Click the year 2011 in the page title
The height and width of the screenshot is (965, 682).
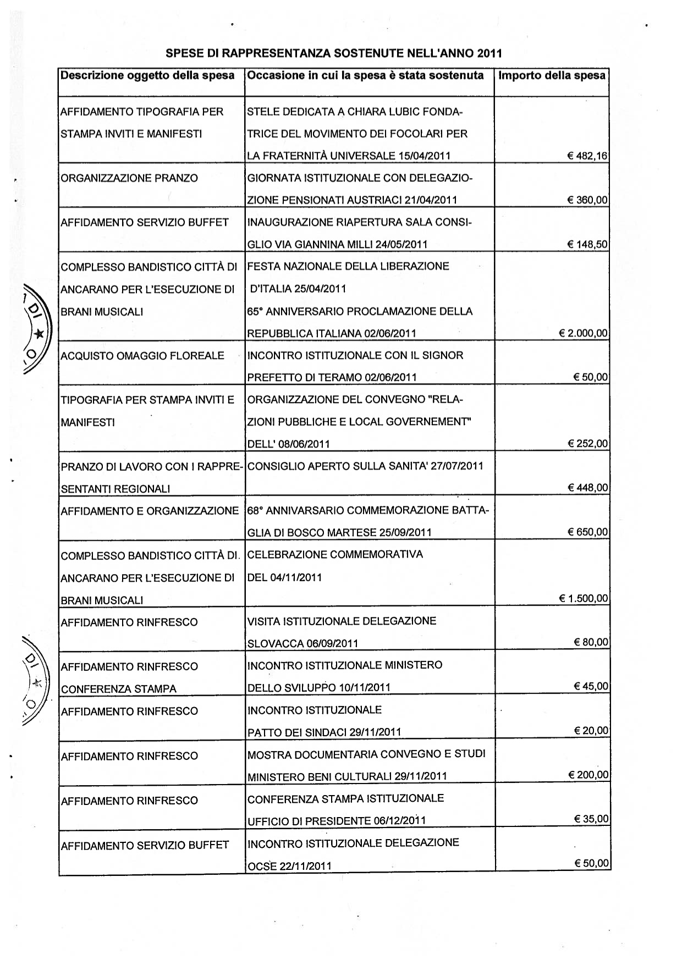490,54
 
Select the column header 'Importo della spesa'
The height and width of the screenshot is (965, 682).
552,75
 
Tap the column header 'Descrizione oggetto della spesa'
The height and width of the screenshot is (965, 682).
147,75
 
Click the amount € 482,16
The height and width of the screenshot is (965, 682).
587,156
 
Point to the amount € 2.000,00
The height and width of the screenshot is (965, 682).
583,333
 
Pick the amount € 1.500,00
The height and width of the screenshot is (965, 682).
584,598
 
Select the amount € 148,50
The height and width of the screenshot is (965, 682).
587,244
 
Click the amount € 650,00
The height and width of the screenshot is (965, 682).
587,532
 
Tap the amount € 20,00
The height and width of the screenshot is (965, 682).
591,730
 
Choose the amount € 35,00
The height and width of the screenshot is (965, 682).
591,819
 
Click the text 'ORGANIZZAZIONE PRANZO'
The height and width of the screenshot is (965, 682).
129,178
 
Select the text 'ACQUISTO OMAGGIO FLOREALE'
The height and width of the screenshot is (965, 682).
142,356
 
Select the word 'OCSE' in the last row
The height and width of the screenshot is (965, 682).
262,866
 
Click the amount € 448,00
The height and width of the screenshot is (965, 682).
587,488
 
